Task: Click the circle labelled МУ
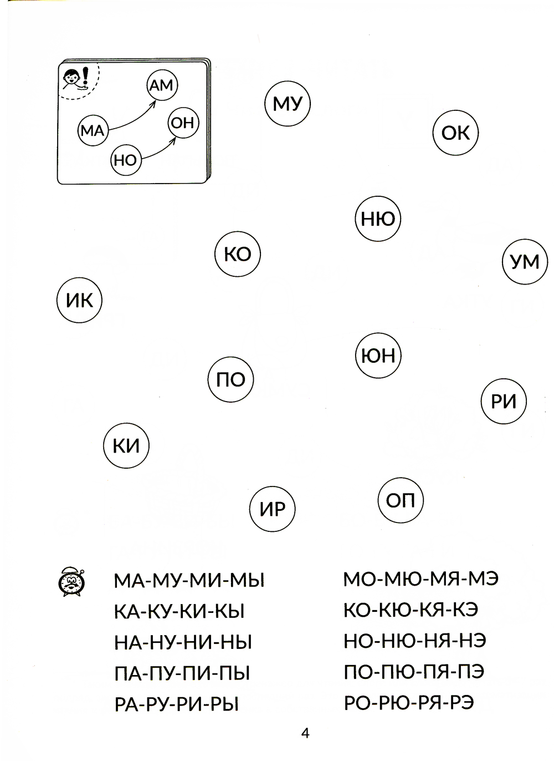tap(288, 103)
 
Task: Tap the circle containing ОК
tap(455, 133)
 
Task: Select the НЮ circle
tap(378, 219)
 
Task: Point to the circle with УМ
tap(524, 262)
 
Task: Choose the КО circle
tap(237, 254)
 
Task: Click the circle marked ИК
tap(80, 301)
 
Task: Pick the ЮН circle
tap(378, 355)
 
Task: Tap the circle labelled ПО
tap(230, 380)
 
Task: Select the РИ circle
tap(503, 402)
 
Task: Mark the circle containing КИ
tap(126, 445)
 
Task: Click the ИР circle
tap(272, 509)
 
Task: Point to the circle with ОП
tap(400, 501)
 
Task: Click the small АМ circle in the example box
tap(161, 85)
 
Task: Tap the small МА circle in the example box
tap(93, 131)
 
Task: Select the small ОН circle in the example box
tap(183, 122)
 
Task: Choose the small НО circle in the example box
tap(125, 160)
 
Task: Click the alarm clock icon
tap(70, 582)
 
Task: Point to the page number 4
tap(305, 733)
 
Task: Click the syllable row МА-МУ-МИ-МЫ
tap(189, 581)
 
